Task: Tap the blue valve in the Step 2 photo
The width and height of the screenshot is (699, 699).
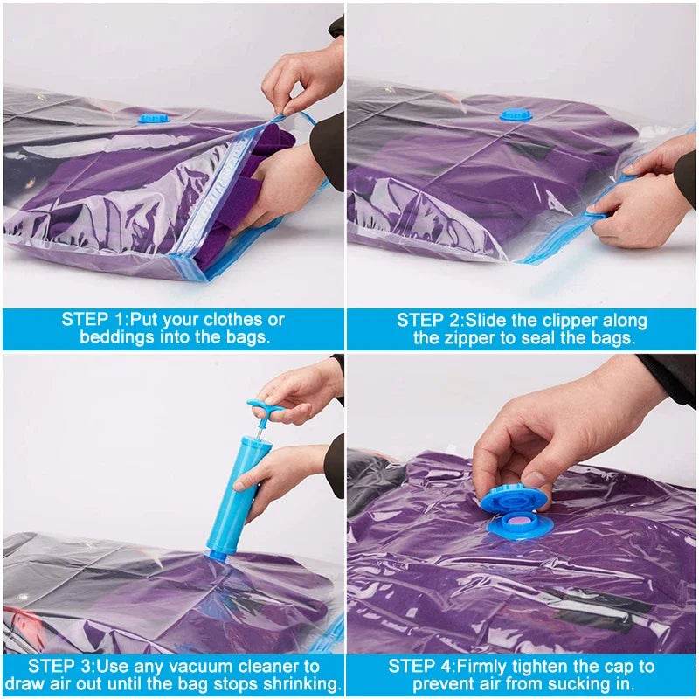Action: [516, 114]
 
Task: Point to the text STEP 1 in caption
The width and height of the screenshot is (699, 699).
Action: [93, 319]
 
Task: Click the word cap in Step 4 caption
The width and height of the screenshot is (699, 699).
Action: [618, 666]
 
